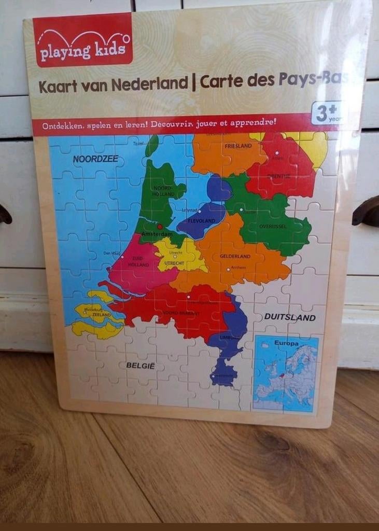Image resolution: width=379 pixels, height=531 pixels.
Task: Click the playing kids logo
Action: tap(83, 40)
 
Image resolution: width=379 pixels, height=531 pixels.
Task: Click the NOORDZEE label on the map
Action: tap(95, 159)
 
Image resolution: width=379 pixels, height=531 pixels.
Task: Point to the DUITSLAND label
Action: tap(290, 317)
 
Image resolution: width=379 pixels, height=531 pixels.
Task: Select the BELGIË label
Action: tap(141, 366)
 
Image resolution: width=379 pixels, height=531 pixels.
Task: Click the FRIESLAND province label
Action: tap(238, 146)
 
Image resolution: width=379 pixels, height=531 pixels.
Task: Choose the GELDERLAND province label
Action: tap(235, 256)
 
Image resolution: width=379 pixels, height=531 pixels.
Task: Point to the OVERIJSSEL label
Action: tap(273, 227)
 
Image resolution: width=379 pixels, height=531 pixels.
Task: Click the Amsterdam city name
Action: tap(156, 234)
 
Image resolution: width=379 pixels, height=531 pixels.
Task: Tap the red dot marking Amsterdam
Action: tap(160, 227)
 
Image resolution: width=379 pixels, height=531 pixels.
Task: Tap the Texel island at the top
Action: tap(151, 145)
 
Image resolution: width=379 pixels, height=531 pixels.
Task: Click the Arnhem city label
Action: tap(238, 268)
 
